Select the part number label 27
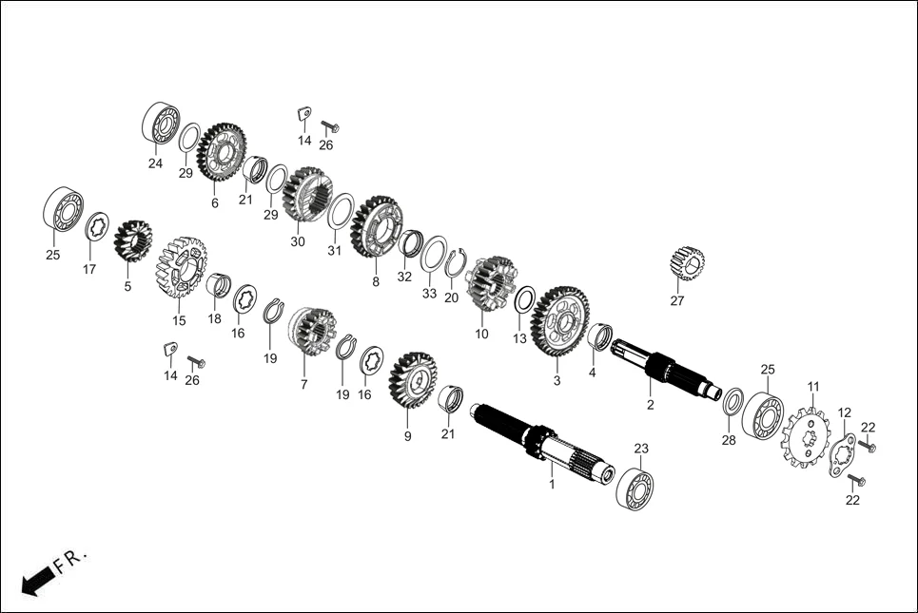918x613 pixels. [x=676, y=301]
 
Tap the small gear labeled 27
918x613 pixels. [x=686, y=262]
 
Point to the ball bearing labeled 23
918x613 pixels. [x=635, y=488]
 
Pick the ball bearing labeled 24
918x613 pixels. [x=161, y=123]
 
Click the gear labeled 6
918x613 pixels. [x=221, y=152]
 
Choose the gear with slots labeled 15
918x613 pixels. [x=181, y=268]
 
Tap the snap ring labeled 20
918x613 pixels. [x=455, y=262]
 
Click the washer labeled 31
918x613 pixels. [x=341, y=211]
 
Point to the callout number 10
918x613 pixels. [x=481, y=334]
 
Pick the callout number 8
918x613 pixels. [x=375, y=282]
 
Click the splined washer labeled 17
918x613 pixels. [x=96, y=228]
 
